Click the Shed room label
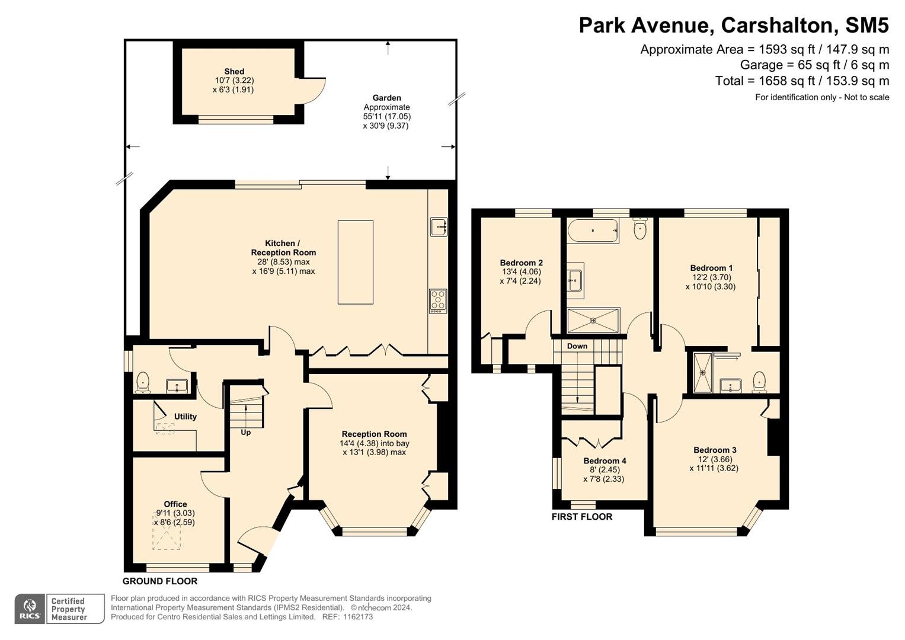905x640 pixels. tap(234, 72)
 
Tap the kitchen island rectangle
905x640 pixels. tap(356, 262)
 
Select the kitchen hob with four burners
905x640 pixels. tap(438, 301)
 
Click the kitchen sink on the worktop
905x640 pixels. tap(439, 226)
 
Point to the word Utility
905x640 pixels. tap(186, 417)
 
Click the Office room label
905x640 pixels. tap(175, 504)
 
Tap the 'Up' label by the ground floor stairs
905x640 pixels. tap(245, 433)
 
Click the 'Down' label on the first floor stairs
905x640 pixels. tap(577, 346)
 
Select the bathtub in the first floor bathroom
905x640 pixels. tap(593, 231)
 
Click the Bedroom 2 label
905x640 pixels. tap(521, 263)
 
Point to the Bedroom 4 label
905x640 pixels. tap(605, 460)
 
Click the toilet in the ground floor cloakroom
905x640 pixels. tap(143, 382)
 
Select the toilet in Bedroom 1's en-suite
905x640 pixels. tap(760, 382)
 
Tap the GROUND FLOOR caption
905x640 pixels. tap(160, 581)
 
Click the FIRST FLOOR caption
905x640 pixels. tap(582, 516)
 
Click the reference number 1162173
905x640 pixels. tap(358, 616)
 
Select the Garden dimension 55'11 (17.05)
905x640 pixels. tap(386, 116)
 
